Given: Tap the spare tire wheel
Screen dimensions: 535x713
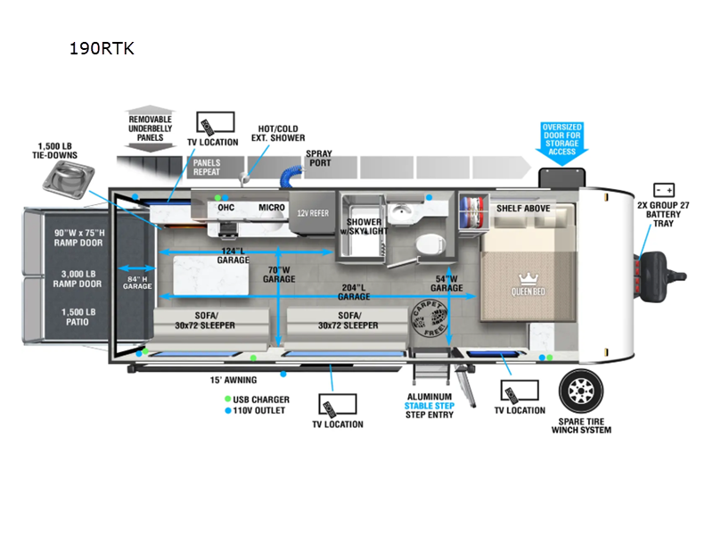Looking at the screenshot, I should pos(585,391).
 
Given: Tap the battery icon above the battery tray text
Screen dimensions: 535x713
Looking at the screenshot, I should pos(664,190).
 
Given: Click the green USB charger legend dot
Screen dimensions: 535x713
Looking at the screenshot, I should pos(228,399).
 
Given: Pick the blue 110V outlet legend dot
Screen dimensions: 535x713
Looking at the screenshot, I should pos(228,410).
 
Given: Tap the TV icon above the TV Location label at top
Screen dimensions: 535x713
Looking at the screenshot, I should pos(214,124).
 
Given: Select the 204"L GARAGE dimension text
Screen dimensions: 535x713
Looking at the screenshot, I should pos(354,292).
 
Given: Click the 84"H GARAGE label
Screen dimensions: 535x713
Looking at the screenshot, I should pos(137,282).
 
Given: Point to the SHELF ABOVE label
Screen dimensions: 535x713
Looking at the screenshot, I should pos(523,208).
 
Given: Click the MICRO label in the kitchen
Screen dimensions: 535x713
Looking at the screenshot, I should pos(272,208).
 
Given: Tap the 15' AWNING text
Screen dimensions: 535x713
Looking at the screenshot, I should pos(233,380).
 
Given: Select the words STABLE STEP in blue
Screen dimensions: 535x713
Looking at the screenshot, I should pos(429,406).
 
